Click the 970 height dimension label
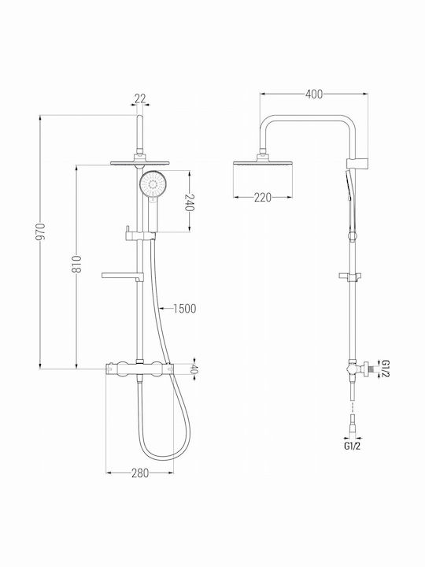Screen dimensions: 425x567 pos(42,232)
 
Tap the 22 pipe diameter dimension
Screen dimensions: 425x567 pos(140,98)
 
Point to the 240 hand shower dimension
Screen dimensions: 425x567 pos(190,203)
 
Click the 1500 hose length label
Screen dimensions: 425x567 pos(185,309)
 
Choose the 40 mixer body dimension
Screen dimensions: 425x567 pos(194,369)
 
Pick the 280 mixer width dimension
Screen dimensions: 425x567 pos(140,473)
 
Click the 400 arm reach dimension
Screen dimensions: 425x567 pos(314,94)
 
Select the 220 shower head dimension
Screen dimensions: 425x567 pos(263,198)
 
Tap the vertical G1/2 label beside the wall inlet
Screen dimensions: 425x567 pos(385,369)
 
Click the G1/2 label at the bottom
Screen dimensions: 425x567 pos(352,447)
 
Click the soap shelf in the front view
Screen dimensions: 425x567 pos(123,276)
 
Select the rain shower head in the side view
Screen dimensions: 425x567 pos(263,163)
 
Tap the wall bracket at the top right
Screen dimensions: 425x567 pos(357,163)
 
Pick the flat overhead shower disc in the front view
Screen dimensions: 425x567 pos(140,163)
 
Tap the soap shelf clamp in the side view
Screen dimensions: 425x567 pos(350,276)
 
